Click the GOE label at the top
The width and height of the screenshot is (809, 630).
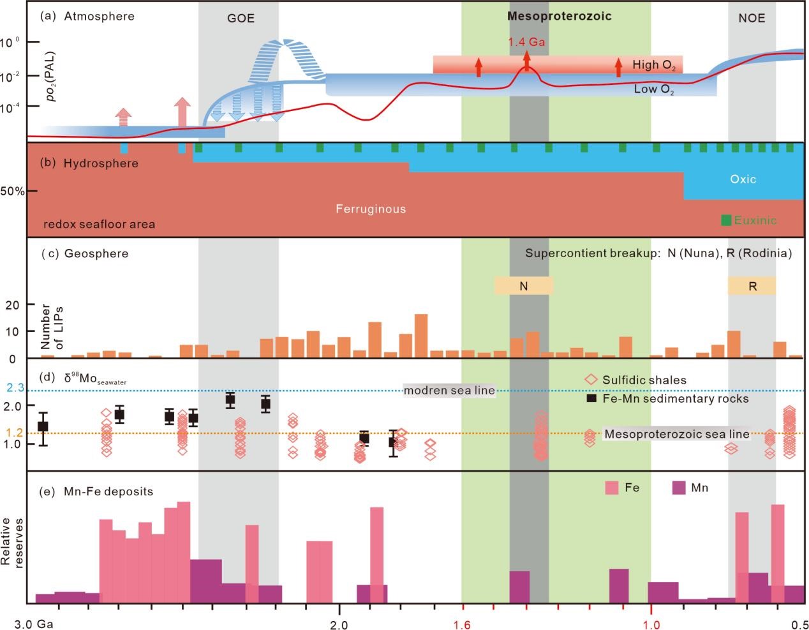click(241, 18)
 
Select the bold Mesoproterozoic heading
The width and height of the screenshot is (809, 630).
click(559, 17)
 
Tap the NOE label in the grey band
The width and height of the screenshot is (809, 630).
click(752, 18)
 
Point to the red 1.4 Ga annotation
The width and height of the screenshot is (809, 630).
click(526, 42)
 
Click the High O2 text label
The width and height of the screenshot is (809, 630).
click(653, 64)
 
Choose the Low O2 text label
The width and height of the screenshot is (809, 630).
click(653, 89)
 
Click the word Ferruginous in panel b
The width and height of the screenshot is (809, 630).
click(371, 209)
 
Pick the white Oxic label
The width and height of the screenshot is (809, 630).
click(743, 179)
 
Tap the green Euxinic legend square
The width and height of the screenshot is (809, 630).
click(726, 220)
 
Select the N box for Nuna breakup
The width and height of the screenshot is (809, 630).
click(523, 286)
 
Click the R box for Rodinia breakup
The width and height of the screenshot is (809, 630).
click(752, 286)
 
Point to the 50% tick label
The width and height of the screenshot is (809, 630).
click(12, 191)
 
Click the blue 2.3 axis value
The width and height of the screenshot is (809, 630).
click(15, 387)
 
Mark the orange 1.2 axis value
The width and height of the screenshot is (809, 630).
click(15, 433)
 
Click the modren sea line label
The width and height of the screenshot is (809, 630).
click(449, 391)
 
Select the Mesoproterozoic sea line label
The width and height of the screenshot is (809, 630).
click(676, 434)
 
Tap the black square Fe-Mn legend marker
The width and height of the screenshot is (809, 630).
click(591, 398)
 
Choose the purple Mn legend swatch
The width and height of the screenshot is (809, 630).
click(679, 488)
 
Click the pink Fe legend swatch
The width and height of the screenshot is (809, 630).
click(612, 488)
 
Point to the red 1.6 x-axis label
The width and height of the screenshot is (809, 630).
click(462, 624)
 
